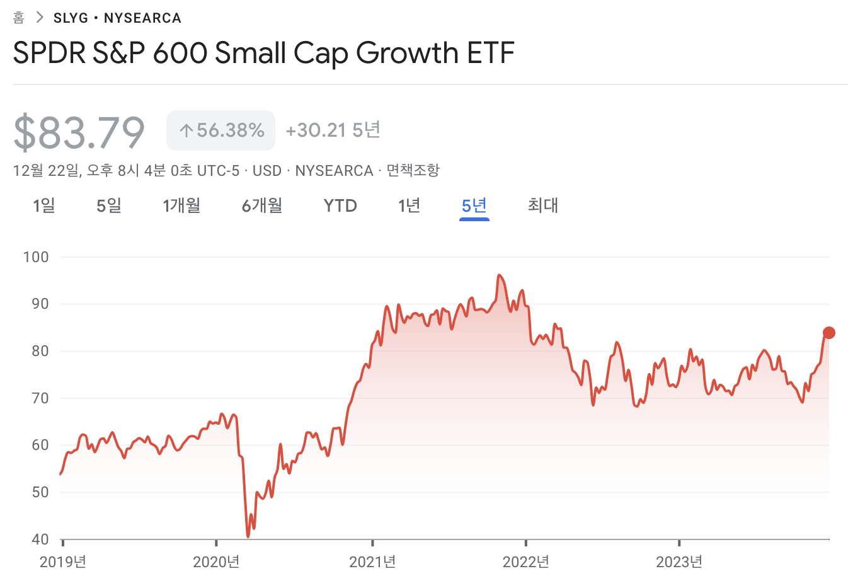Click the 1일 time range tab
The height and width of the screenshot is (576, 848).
pos(44,205)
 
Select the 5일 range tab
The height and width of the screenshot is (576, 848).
pos(109,205)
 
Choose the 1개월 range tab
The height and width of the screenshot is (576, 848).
pos(181,205)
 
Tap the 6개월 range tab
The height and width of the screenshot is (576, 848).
pos(262,205)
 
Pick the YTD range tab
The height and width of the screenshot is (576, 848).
pos(340,205)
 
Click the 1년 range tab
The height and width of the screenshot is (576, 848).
pos(409,205)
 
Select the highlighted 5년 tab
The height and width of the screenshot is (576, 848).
pos(474,205)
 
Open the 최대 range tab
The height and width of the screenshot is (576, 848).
pos(542,205)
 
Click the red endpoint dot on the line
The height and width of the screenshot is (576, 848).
pos(829,333)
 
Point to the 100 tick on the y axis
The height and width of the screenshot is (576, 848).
pos(36,257)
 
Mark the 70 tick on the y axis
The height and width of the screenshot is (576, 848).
pos(40,398)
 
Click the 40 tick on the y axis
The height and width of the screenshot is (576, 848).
pos(40,539)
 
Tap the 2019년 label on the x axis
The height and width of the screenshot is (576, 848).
pos(63,562)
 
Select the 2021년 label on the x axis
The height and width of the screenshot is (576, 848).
pos(372,562)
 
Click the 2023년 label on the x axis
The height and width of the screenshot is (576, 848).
pos(679,562)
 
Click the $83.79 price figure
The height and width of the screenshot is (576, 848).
pos(79,132)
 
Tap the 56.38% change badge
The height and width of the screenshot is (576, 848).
pos(221,130)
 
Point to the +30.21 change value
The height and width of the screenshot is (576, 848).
pos(316,130)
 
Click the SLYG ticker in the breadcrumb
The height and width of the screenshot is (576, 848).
pos(71,18)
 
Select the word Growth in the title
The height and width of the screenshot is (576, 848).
pos(407,53)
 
